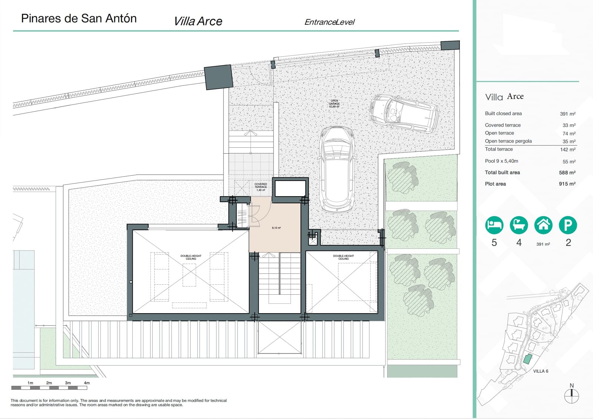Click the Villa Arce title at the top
(x=198, y=21)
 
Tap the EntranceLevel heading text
(x=329, y=22)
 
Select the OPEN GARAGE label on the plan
(x=334, y=103)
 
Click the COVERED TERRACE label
(x=261, y=187)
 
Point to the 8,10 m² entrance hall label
(x=276, y=228)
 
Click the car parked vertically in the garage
(x=337, y=169)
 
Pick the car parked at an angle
(x=404, y=113)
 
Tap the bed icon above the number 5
(x=494, y=225)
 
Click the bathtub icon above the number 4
(x=519, y=225)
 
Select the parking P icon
(x=568, y=225)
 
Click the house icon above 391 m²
(x=543, y=225)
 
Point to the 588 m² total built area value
(x=567, y=172)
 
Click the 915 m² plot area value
(x=567, y=184)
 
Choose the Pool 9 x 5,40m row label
(x=501, y=161)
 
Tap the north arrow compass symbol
(x=571, y=396)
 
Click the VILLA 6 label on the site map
(x=540, y=371)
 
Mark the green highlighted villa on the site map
(x=527, y=358)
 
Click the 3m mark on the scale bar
(x=68, y=383)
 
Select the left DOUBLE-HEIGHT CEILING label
(x=191, y=257)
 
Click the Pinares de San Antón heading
(x=79, y=19)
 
